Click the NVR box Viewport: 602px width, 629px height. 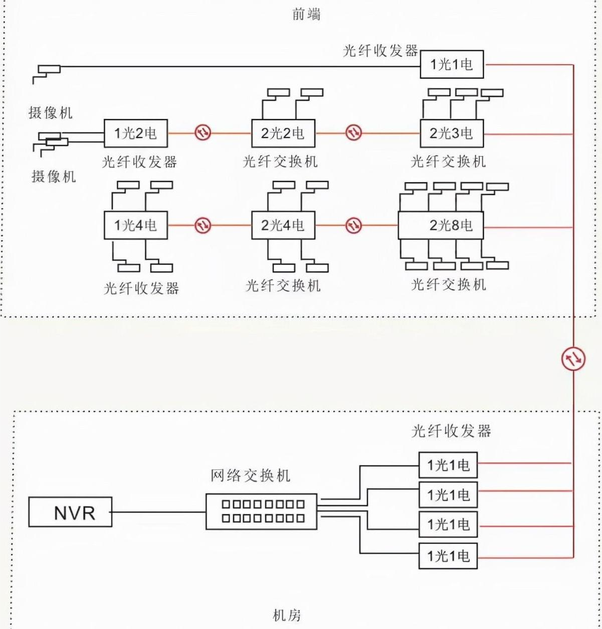(x=70, y=512)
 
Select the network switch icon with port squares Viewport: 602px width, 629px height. (x=261, y=511)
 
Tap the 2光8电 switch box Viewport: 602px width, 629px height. (x=441, y=225)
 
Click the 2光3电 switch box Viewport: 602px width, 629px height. (x=452, y=133)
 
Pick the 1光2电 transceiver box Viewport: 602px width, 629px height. (x=135, y=133)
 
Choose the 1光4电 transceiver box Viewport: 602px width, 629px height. (x=135, y=225)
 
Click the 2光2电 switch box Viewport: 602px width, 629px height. (x=283, y=133)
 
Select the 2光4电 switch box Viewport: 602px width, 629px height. (x=283, y=225)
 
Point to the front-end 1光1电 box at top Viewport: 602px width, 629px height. (x=452, y=64)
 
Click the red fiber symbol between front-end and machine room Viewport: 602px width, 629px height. (x=573, y=358)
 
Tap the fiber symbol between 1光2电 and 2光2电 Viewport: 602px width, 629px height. (x=203, y=133)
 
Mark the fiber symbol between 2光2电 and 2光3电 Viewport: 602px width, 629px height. (x=354, y=133)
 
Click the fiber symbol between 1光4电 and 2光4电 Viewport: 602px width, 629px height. (x=203, y=225)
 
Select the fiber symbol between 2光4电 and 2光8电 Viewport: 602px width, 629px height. (x=354, y=225)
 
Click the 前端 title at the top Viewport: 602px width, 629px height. (x=306, y=14)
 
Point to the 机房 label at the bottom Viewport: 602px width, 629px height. (x=287, y=615)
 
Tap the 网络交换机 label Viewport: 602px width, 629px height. (x=250, y=475)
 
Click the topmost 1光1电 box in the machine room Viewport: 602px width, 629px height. (x=448, y=465)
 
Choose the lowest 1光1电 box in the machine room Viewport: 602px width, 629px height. (x=448, y=556)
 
